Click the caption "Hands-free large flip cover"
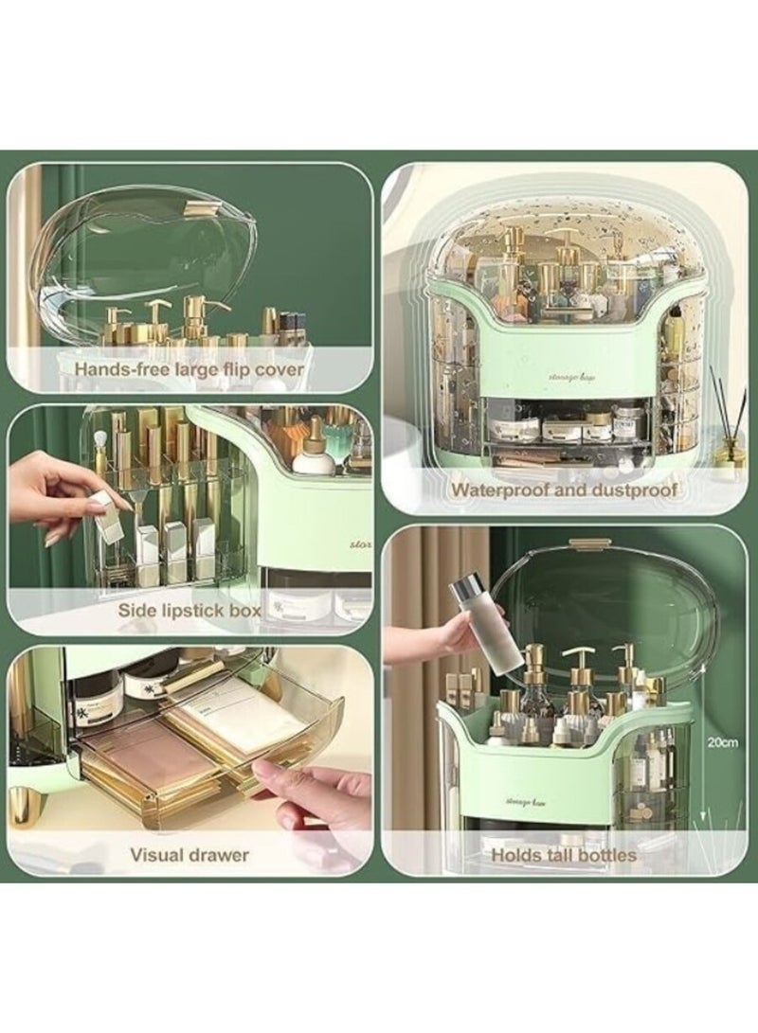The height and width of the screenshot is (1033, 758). click(189, 367)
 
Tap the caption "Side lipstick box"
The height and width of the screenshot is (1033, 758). click(189, 610)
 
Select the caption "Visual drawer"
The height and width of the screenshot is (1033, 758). click(189, 854)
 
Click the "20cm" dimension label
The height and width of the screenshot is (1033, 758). click(725, 741)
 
